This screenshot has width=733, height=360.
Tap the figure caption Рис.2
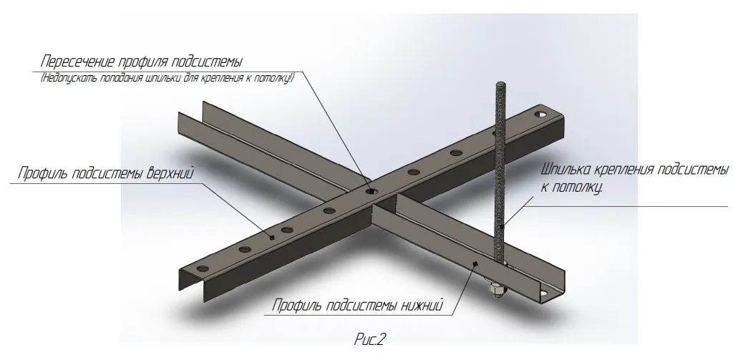point(370,338)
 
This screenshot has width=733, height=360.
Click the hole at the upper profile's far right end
point(542,114)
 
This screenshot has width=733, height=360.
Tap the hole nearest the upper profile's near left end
point(202,269)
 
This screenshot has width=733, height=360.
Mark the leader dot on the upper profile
point(273,235)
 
